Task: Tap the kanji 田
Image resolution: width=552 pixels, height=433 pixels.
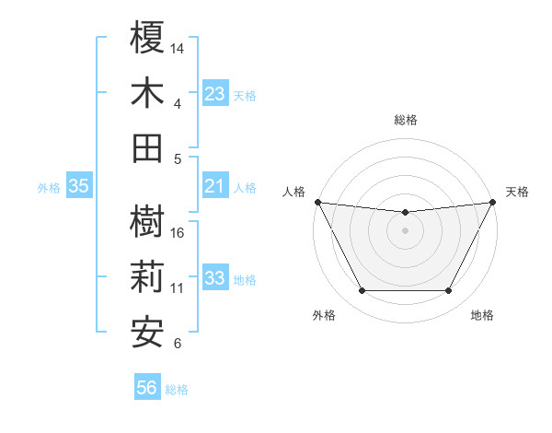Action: [x=147, y=147]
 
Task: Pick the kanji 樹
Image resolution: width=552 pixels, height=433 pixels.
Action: [x=147, y=222]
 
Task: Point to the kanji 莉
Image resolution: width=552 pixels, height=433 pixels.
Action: [x=147, y=277]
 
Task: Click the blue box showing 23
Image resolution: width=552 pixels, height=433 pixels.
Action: [x=214, y=94]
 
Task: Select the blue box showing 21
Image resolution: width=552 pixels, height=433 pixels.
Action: [x=214, y=187]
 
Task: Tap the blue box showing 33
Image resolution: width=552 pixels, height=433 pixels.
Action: [x=214, y=279]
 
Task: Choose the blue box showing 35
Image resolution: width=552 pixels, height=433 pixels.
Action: [x=79, y=187]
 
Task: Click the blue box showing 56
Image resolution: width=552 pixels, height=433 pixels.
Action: [x=147, y=389]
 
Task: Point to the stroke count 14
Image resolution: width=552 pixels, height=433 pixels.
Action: [x=178, y=47]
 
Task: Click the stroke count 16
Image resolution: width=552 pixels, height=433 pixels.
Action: [x=178, y=232]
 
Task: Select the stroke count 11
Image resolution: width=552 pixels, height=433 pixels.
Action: [x=178, y=288]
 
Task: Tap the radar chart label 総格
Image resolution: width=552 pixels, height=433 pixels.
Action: [x=405, y=120]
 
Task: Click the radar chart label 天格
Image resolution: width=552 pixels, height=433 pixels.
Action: [x=517, y=192]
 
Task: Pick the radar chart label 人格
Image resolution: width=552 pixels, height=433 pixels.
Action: [x=293, y=192]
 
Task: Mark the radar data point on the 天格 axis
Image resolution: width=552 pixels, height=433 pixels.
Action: [x=493, y=201]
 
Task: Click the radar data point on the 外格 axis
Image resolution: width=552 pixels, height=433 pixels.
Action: [x=362, y=291]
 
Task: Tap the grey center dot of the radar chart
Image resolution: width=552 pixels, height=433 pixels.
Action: [x=405, y=230]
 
